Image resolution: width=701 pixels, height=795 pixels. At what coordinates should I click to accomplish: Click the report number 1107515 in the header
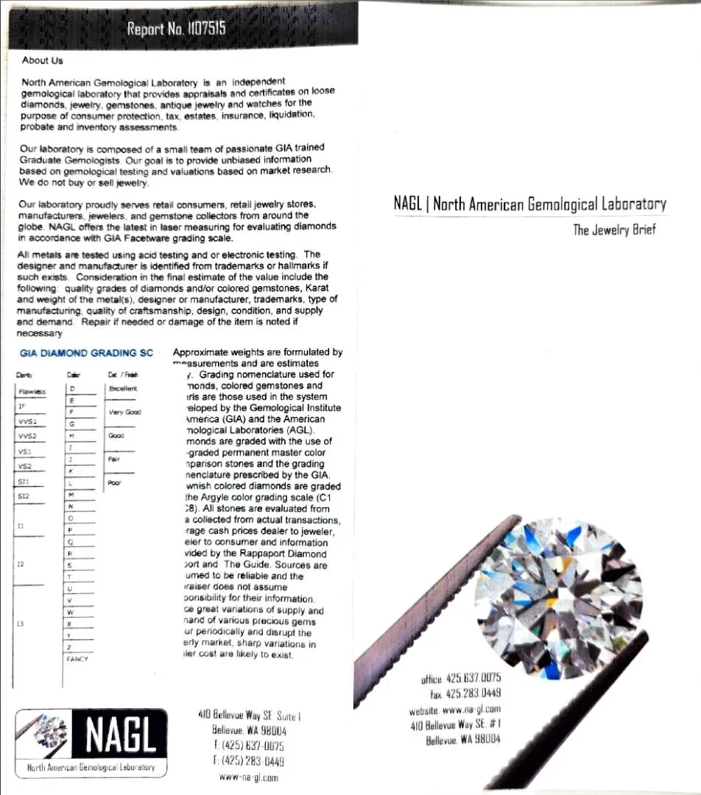pyautogui.click(x=176, y=29)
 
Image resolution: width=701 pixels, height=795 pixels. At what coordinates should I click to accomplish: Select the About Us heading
pyautogui.click(x=43, y=60)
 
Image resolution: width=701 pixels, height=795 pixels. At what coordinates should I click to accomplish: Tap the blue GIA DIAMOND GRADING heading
pyautogui.click(x=87, y=353)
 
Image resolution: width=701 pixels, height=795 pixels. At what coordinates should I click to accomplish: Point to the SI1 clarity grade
pyautogui.click(x=24, y=480)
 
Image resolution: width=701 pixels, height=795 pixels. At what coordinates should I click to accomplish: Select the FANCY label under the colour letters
pyautogui.click(x=77, y=659)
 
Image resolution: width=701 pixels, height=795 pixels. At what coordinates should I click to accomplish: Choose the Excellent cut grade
pyautogui.click(x=122, y=388)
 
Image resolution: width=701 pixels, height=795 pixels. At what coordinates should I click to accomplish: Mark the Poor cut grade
pyautogui.click(x=115, y=483)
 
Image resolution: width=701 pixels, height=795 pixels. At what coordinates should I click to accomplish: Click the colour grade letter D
pyautogui.click(x=72, y=388)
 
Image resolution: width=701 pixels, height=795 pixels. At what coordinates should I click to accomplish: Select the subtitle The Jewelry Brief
pyautogui.click(x=614, y=230)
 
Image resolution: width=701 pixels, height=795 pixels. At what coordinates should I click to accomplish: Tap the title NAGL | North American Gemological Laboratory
pyautogui.click(x=530, y=204)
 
